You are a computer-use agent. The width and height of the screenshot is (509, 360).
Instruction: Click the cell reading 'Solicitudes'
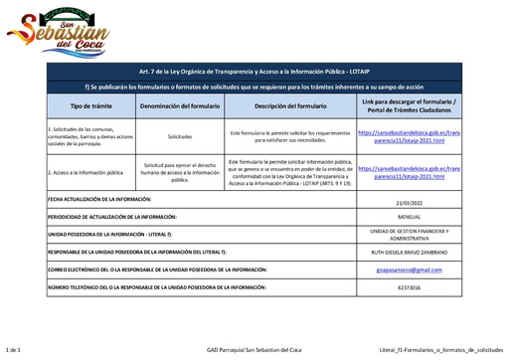point(180,136)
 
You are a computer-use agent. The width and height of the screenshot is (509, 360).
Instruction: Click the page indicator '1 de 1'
point(14,350)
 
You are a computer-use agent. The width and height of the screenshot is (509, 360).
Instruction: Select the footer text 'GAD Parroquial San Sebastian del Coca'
point(254,350)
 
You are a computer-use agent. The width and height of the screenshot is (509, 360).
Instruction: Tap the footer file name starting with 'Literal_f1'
point(440,350)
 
